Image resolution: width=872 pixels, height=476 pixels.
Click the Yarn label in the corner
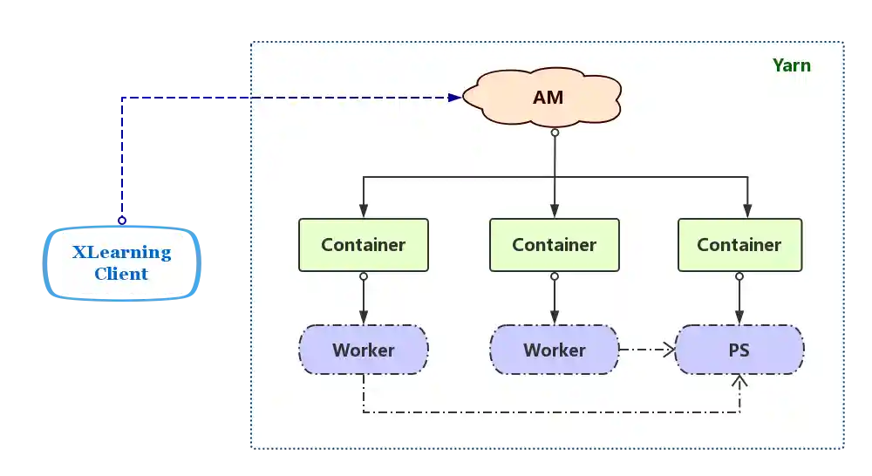tap(791, 65)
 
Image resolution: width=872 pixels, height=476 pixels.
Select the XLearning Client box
tap(121, 263)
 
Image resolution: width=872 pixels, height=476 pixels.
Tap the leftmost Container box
tap(364, 245)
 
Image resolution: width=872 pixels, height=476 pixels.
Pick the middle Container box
tap(554, 245)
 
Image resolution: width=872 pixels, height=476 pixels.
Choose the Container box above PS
tap(739, 245)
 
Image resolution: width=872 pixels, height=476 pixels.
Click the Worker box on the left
tap(364, 350)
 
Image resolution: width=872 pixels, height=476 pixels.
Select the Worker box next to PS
tap(554, 350)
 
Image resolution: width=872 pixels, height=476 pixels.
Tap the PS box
tap(739, 350)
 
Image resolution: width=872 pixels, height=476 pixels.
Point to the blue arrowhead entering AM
tap(454, 98)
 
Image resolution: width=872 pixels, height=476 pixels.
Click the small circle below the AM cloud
tap(555, 133)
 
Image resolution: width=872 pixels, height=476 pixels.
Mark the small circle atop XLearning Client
tap(122, 221)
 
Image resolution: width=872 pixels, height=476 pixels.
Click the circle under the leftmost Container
tap(364, 276)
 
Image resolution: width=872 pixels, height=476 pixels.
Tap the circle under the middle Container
tap(555, 276)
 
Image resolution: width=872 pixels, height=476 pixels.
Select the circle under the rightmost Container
tap(739, 276)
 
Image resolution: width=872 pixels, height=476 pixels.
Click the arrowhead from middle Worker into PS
tap(671, 350)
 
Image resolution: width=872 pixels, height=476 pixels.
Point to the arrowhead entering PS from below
tap(739, 381)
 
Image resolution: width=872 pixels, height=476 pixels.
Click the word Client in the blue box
tap(121, 274)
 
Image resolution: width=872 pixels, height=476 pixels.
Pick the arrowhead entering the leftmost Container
tap(364, 212)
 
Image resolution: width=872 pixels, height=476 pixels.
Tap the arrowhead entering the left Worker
tap(364, 318)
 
